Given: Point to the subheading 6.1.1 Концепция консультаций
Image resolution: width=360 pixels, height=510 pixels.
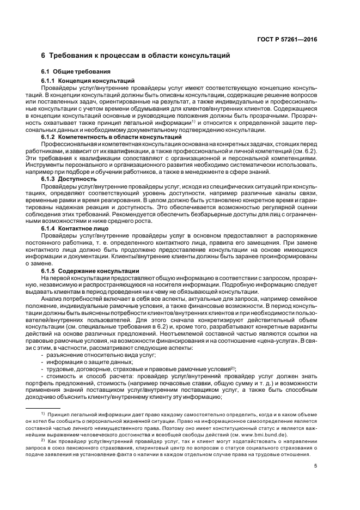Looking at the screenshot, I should click(x=88, y=80).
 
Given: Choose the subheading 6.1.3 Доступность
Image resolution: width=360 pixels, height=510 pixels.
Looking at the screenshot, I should click(x=69, y=179).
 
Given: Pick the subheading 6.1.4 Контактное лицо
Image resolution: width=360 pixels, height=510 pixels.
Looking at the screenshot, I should click(x=76, y=228).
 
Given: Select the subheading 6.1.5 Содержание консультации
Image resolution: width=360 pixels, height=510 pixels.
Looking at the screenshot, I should click(x=90, y=271).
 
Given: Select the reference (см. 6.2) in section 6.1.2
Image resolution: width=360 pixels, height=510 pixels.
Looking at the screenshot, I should click(x=304, y=150).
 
